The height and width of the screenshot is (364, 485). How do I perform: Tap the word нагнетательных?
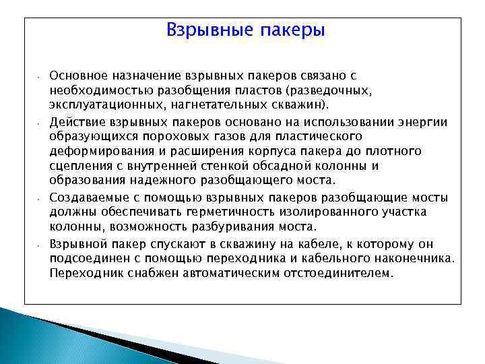point(205,105)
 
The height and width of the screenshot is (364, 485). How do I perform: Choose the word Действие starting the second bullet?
point(74,121)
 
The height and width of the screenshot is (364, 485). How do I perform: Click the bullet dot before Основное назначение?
point(40,78)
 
